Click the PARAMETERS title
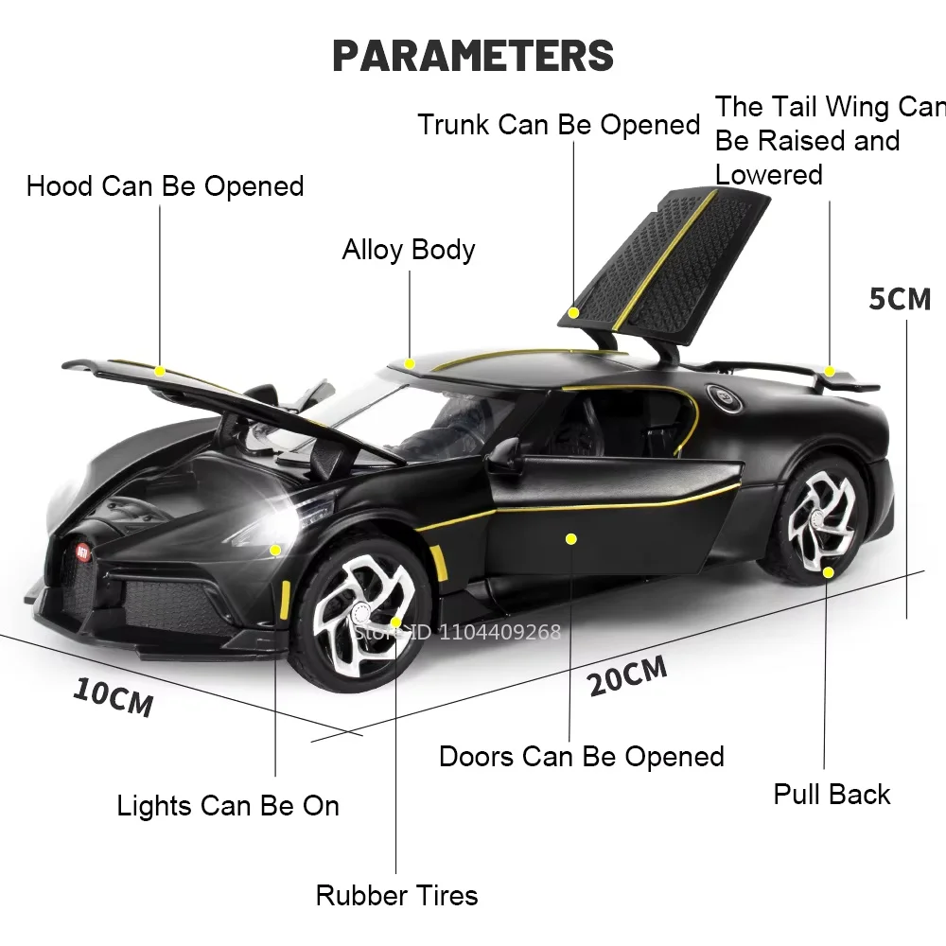(x=473, y=55)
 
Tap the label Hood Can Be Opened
(x=166, y=185)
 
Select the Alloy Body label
(x=409, y=250)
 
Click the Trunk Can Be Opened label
(x=559, y=125)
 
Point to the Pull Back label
(x=832, y=794)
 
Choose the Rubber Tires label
(x=397, y=895)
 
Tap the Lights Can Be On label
(x=228, y=806)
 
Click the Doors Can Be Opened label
(x=582, y=757)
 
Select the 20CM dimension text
(x=627, y=674)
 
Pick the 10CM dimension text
(x=113, y=696)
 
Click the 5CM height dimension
(x=900, y=299)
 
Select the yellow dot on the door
(x=570, y=538)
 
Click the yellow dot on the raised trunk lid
(x=573, y=312)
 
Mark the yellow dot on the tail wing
(x=830, y=371)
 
